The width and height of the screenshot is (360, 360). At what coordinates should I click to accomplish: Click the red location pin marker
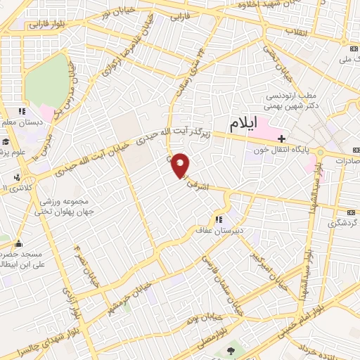pos(181,165)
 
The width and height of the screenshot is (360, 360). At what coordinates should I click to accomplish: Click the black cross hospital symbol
pos(282,139)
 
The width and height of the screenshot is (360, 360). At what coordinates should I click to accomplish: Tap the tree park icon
pos(231,349)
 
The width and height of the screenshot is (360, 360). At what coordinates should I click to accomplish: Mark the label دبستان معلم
pos(21,122)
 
